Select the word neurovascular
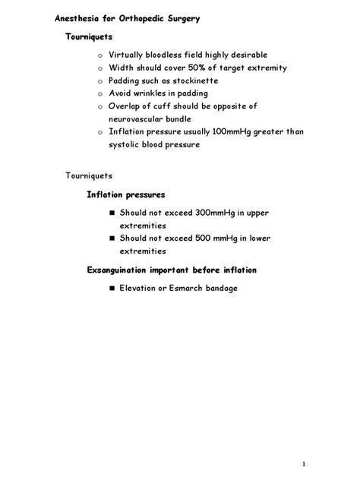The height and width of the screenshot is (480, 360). (140, 119)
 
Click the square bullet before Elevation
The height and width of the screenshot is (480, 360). (111, 289)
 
